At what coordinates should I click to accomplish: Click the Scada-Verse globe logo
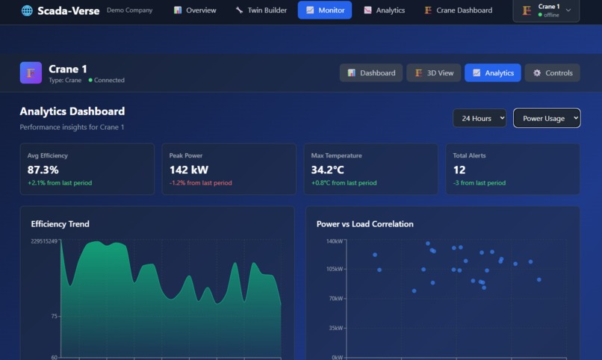tap(27, 10)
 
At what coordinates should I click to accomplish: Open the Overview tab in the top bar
tap(195, 10)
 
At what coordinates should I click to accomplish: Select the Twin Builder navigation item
tap(261, 10)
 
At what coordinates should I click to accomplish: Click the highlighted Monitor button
tap(325, 10)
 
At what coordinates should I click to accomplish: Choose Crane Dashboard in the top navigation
tap(458, 10)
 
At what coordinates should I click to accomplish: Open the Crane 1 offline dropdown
tap(546, 10)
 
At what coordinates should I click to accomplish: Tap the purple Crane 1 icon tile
tap(31, 72)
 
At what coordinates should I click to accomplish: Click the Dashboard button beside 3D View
tap(371, 72)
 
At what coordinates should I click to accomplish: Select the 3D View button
tap(433, 72)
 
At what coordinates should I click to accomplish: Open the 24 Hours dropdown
tap(480, 118)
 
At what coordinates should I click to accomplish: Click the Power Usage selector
tap(547, 118)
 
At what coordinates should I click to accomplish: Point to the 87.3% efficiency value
tap(43, 170)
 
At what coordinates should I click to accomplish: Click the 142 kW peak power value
tap(189, 170)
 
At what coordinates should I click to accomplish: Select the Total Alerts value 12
tap(459, 170)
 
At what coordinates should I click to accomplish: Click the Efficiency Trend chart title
tap(60, 224)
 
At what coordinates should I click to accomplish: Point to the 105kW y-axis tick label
tap(334, 269)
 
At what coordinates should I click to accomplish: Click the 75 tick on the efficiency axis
tap(54, 317)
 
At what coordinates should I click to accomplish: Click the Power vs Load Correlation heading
tap(364, 224)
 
